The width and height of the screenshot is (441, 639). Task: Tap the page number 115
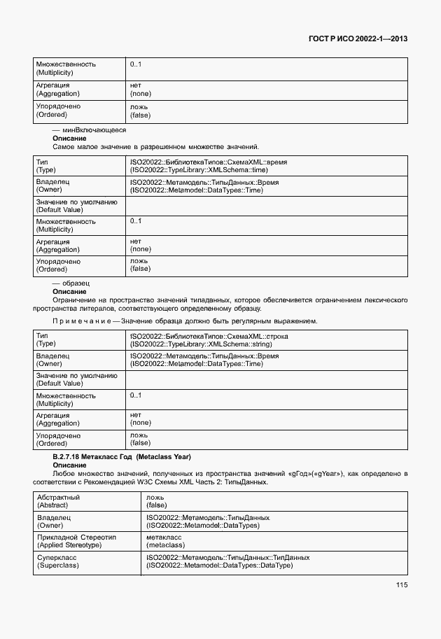click(x=400, y=585)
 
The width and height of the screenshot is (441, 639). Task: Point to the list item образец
click(x=76, y=283)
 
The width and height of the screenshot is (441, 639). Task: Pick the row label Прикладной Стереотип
click(x=77, y=538)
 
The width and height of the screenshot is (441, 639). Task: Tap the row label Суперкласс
click(x=57, y=558)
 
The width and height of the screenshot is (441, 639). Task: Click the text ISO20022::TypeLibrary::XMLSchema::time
click(x=199, y=169)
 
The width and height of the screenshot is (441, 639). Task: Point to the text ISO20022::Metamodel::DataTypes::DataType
click(x=219, y=565)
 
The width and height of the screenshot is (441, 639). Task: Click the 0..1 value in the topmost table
click(x=136, y=64)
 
